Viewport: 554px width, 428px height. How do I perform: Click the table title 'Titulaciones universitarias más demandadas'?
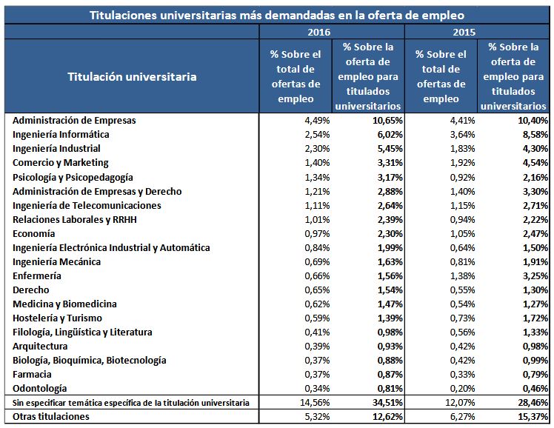coord(277,15)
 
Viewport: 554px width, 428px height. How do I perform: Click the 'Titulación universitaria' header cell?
coord(132,76)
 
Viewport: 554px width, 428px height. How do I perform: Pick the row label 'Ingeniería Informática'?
coord(61,135)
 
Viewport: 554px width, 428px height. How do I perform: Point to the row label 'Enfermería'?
coord(37,275)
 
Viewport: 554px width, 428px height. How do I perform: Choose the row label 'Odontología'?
coord(41,388)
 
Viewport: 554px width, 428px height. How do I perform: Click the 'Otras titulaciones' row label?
coord(51,417)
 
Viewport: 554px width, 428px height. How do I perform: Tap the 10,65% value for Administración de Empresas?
coord(385,121)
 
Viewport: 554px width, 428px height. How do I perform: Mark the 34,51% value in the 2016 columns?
coord(385,403)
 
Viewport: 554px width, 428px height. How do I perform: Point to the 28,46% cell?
coord(531,403)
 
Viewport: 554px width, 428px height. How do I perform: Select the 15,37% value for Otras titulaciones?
coord(531,417)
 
